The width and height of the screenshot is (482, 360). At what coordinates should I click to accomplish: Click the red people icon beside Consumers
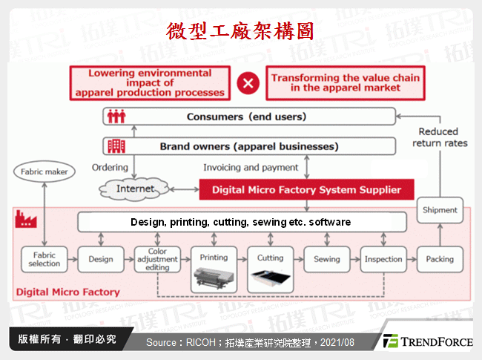(x=116, y=117)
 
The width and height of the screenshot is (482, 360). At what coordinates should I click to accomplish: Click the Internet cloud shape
(x=136, y=189)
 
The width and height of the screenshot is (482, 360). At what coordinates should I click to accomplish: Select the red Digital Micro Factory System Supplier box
(x=306, y=189)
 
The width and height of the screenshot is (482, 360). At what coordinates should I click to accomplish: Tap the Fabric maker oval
(x=44, y=172)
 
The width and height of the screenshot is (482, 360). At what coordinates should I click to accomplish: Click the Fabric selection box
(x=44, y=259)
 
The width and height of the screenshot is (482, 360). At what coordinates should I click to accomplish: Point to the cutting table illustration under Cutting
(x=270, y=280)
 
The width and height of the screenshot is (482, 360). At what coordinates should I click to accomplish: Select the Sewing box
(x=326, y=259)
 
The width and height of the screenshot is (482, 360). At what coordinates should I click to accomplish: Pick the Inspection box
(x=383, y=259)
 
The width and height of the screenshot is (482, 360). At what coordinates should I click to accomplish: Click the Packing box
(x=440, y=259)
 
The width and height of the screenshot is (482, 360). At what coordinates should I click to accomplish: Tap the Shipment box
(x=440, y=209)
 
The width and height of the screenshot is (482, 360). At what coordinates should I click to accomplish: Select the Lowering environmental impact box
(x=150, y=83)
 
